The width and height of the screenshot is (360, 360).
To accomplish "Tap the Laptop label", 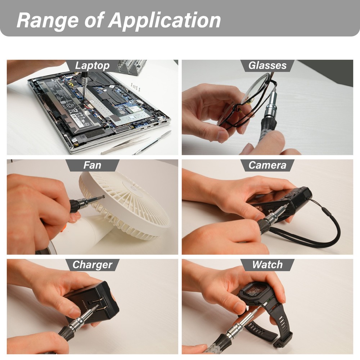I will tap(92, 66).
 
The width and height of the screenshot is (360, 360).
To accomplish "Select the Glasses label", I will tap(267, 66).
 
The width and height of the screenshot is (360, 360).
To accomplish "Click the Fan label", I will tap(92, 165).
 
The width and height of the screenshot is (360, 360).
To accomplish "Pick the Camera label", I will tap(267, 165).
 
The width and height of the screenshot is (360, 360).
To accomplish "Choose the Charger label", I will tap(92, 265).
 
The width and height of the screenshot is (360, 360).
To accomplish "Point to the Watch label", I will tap(267, 265).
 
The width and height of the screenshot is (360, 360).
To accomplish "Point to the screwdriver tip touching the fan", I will tap(103, 197).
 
